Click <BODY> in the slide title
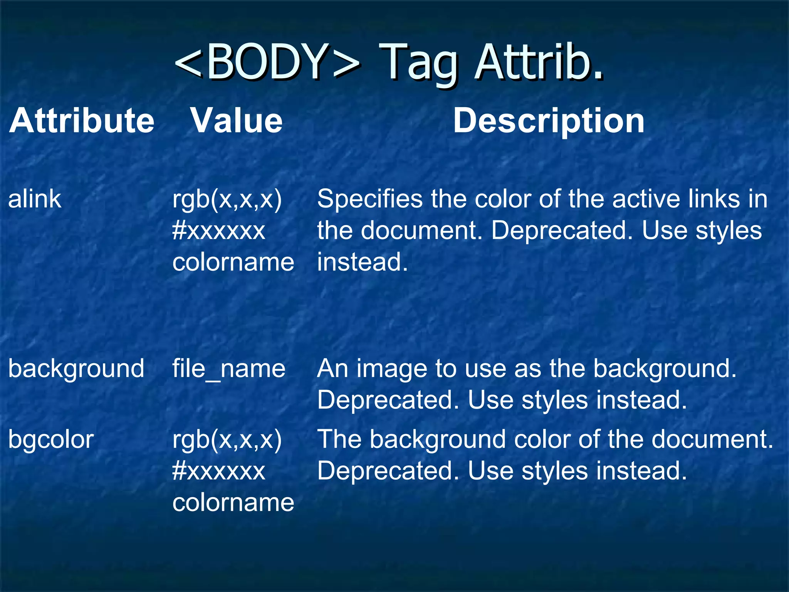click(x=267, y=62)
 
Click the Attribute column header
click(x=82, y=121)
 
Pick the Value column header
click(x=237, y=121)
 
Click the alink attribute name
click(x=35, y=199)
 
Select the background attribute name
click(x=76, y=369)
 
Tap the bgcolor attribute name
click(x=51, y=440)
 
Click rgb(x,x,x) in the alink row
click(x=227, y=200)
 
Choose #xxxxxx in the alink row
click(x=218, y=231)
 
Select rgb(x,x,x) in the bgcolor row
click(x=227, y=440)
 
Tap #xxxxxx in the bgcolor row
click(x=218, y=471)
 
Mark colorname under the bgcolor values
click(x=233, y=503)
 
